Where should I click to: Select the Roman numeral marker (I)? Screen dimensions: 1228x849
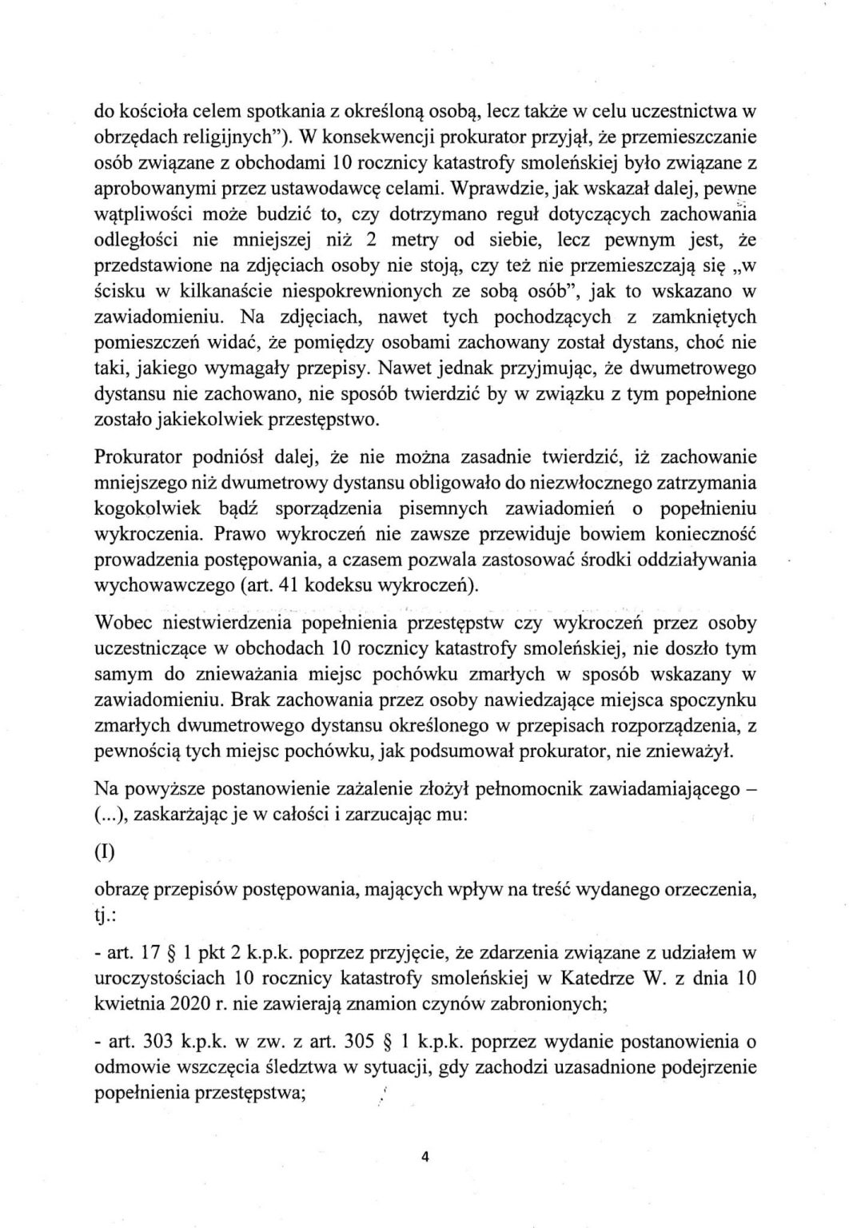(104, 851)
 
